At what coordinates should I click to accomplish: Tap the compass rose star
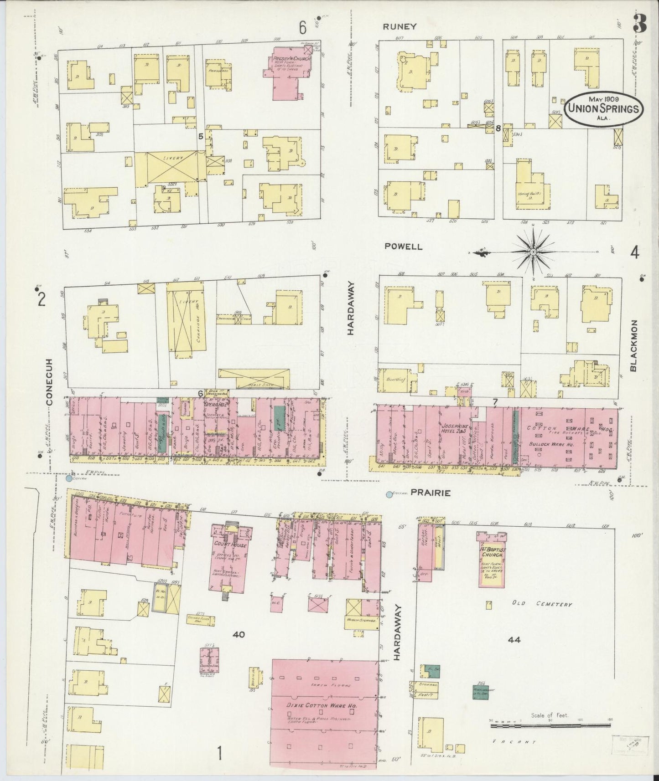click(533, 251)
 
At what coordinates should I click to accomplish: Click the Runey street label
click(400, 26)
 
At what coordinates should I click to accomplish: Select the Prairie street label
click(431, 493)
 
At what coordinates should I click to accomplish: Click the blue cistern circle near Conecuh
click(69, 478)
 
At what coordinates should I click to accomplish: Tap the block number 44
click(514, 639)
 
